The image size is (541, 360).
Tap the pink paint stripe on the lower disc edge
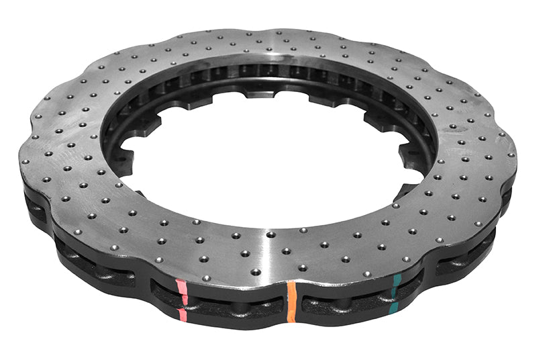[x=183, y=314]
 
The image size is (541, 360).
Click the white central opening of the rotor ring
[x=268, y=161]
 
